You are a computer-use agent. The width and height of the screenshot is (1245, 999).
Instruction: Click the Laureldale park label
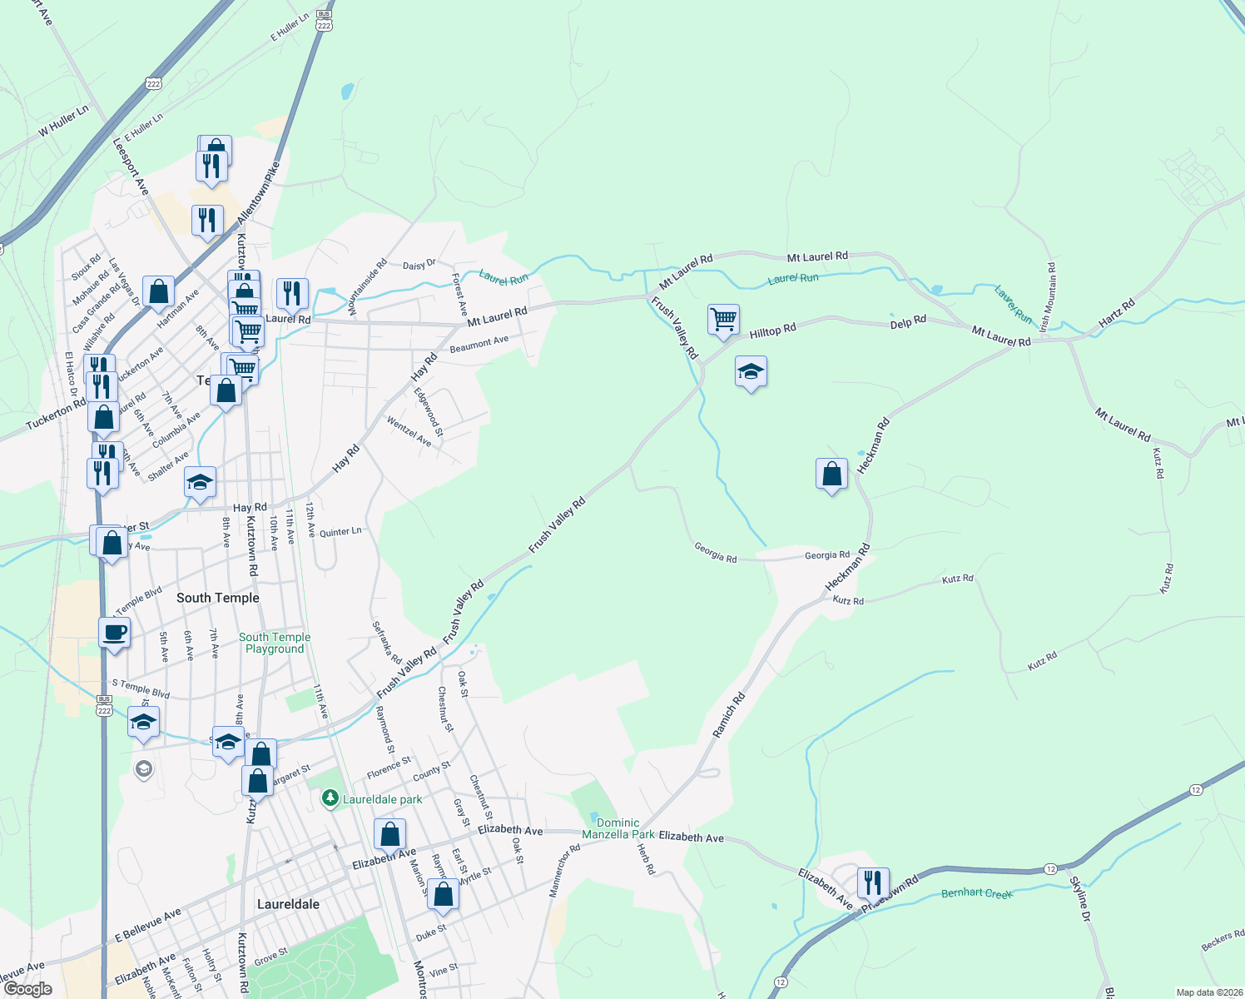(382, 799)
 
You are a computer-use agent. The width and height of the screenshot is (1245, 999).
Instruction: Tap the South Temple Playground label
(275, 643)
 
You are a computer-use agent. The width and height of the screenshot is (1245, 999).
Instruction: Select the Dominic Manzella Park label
(618, 828)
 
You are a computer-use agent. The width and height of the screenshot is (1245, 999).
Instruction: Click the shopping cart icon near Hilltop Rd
(724, 320)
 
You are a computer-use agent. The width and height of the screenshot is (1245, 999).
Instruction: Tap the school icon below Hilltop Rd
(751, 372)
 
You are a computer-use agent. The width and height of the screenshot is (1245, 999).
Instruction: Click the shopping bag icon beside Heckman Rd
(832, 475)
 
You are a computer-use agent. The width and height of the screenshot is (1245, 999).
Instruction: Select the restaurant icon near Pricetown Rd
(873, 882)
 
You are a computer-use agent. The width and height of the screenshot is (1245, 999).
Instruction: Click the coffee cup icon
(115, 633)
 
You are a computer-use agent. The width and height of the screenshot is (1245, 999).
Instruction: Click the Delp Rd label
(908, 321)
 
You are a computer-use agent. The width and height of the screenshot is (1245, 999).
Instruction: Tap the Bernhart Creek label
(977, 893)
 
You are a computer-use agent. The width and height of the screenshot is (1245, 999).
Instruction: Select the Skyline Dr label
(1079, 899)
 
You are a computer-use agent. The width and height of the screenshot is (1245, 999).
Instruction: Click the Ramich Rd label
(729, 714)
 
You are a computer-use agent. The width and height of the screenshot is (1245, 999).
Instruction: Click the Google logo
(27, 989)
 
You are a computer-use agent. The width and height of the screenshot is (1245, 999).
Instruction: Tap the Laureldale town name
(288, 904)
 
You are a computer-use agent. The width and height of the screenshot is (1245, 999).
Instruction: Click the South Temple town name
(218, 598)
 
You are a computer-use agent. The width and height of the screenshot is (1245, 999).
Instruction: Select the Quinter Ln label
(340, 532)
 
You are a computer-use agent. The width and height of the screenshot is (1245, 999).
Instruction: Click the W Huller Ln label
(63, 122)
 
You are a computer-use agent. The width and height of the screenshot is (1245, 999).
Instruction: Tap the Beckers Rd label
(1223, 942)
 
